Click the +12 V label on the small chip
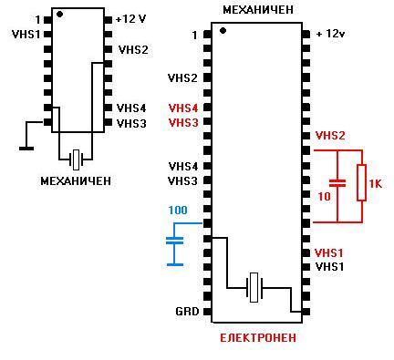[131, 19]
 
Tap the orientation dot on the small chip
[60, 14]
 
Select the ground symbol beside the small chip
[26, 149]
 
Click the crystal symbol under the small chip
[76, 159]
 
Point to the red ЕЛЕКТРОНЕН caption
[258, 338]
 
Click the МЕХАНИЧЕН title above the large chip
[258, 10]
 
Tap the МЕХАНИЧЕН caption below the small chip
[76, 181]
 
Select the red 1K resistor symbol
[361, 182]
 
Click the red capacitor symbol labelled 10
[337, 182]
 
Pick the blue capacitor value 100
[178, 210]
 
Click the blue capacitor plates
[175, 241]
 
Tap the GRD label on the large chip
[187, 312]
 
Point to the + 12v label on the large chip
[330, 34]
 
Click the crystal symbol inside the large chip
[254, 287]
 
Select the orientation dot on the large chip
[223, 30]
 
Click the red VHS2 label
[330, 136]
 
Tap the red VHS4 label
[183, 108]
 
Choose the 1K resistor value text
[375, 184]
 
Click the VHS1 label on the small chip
[26, 35]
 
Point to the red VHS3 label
[183, 123]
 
